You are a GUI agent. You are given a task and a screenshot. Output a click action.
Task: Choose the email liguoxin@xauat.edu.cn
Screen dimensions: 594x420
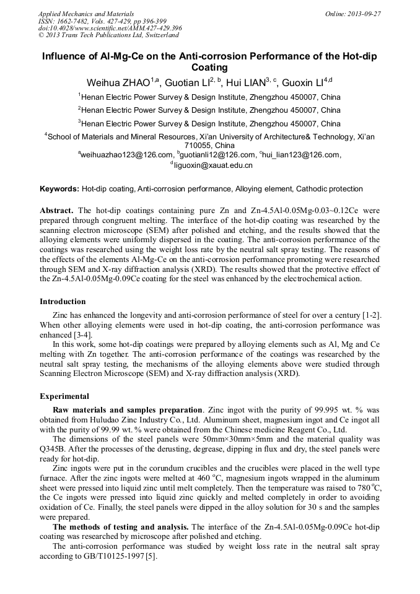point(213,165)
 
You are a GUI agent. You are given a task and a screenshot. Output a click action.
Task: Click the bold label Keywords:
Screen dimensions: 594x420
point(59,188)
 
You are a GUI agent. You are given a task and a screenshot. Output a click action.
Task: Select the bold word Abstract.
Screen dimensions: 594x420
point(57,211)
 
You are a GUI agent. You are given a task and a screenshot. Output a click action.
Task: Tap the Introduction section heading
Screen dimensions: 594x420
point(63,302)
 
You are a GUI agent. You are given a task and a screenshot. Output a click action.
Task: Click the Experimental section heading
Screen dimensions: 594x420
point(64,396)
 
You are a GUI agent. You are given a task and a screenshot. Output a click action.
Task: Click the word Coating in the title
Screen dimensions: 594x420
point(210,68)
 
